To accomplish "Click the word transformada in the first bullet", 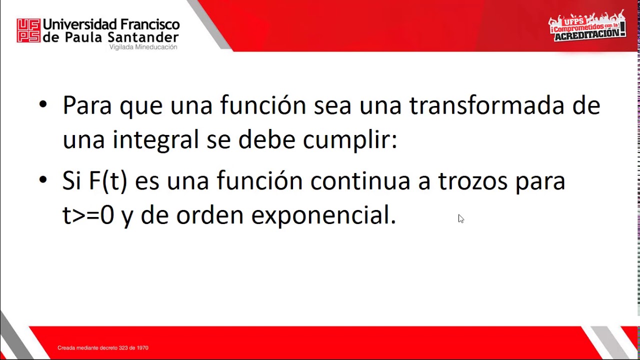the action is [487, 105].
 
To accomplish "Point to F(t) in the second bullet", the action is [108, 181].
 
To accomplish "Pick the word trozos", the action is [473, 181].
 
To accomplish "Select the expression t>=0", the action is [88, 215].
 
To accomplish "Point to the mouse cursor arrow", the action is [461, 218].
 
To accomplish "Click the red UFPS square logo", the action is [28, 30].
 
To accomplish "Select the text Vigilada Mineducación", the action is [143, 47].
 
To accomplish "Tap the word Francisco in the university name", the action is [150, 24].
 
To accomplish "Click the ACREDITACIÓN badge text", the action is [589, 34].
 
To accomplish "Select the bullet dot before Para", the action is [43, 105].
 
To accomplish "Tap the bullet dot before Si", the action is [43, 180].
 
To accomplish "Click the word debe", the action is [266, 139].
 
